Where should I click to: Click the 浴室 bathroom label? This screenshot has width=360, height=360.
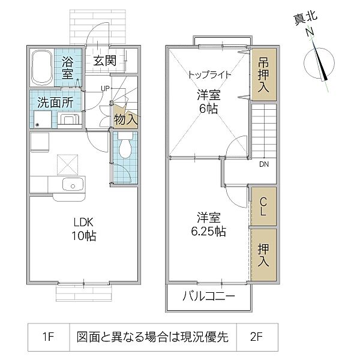(68, 68)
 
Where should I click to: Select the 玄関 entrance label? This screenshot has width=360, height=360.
(104, 61)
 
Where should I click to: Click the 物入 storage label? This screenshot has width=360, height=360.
(126, 119)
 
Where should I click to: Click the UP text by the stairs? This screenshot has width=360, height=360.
(105, 88)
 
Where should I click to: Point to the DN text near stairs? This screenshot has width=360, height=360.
(263, 164)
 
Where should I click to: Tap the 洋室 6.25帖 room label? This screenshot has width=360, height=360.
(206, 223)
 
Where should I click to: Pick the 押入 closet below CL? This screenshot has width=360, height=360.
(263, 255)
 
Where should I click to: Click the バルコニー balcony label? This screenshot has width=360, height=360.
(209, 298)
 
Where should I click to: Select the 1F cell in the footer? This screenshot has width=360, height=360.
(49, 337)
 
